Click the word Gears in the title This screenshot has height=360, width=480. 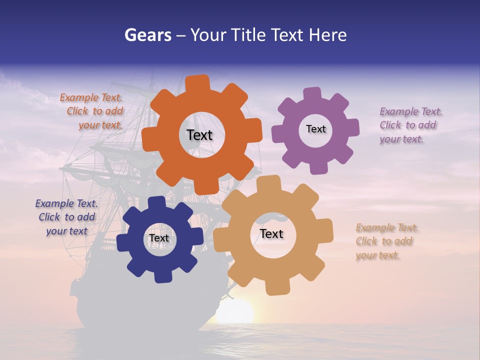pos(147,35)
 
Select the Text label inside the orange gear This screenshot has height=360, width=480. pos(199,135)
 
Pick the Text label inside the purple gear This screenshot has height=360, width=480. pos(315,129)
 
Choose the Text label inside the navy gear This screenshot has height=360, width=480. pos(159,238)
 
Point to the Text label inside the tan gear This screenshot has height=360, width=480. pos(271,233)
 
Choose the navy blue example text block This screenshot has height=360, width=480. pos(66,217)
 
